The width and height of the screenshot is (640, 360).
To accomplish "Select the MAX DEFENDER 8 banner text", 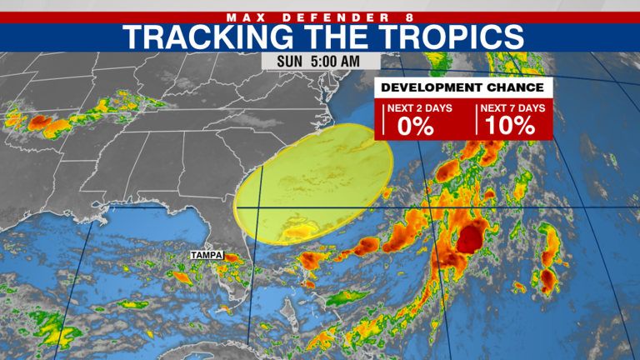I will tap(320, 17).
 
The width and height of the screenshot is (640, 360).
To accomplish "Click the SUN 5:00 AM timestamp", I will tap(321, 62).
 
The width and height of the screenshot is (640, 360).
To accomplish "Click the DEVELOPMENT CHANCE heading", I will tap(463, 87).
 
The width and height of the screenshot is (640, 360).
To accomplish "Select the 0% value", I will tap(416, 125).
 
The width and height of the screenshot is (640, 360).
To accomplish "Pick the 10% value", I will tap(510, 125).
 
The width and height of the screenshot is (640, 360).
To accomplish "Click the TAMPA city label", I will tap(207, 254).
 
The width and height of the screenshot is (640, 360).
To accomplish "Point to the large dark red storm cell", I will tap(468, 240).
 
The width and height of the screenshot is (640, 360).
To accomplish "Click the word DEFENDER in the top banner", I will tap(321, 17).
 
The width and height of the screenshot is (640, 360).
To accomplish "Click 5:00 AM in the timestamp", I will tap(337, 62).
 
